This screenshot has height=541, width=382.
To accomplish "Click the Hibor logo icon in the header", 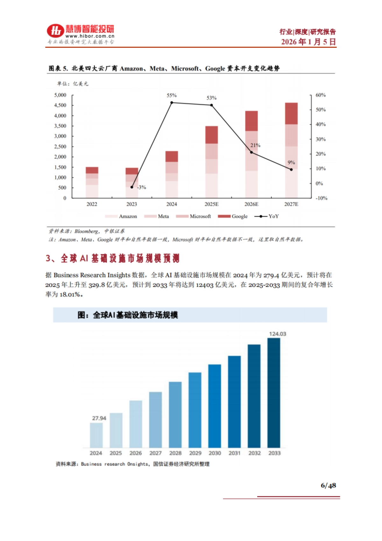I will point(55,31).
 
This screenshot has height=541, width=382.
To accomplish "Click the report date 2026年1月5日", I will point(308,42).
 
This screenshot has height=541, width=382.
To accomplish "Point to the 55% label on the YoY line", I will point(171,95).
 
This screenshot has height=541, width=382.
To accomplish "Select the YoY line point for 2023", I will point(132,187).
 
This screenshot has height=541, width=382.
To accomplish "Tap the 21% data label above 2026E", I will point(255,145).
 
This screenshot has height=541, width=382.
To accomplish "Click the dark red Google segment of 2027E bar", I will point(291,113).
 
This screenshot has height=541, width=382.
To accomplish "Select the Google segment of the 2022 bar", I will point(92,170).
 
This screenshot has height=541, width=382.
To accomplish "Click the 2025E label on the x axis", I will point(211,204).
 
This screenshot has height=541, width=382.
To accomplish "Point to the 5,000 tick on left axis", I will point(60,95).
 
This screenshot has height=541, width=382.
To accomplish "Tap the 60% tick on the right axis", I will point(321,95).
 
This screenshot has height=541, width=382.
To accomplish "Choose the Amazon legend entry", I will point(121,216).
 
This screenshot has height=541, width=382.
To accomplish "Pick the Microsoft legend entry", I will point(194,216).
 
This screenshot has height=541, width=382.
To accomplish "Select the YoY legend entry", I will point(267,216).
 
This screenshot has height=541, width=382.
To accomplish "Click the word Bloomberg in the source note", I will point(87,231).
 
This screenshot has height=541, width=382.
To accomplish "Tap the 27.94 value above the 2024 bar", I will point(99,418).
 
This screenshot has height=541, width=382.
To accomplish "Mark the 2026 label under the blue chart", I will point(136,453).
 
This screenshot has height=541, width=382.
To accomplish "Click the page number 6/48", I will point(328,486).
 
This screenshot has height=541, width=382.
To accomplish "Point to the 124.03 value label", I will point(278,334).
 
